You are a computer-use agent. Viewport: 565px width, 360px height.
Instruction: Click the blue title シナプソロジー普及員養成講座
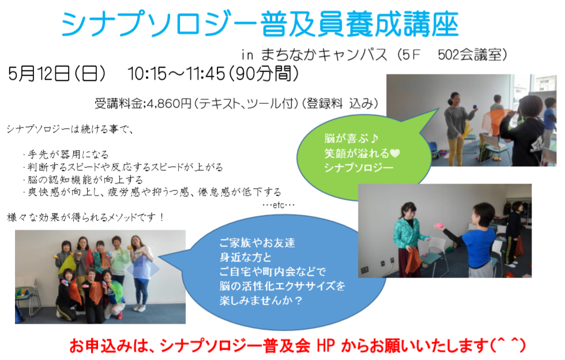260,24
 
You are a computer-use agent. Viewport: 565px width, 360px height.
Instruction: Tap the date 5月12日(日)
57,74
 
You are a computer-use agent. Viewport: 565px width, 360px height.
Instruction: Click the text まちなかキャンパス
324,55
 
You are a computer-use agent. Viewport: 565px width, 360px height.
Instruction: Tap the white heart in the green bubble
395,153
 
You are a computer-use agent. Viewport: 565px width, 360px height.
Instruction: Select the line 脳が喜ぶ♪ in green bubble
351,138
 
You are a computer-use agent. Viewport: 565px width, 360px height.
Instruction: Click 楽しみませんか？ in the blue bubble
261,300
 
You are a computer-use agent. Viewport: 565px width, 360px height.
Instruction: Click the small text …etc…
278,205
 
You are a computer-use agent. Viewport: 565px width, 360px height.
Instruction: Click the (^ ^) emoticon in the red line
508,345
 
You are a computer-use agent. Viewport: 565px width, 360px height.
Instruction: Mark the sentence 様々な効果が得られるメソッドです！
86,217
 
